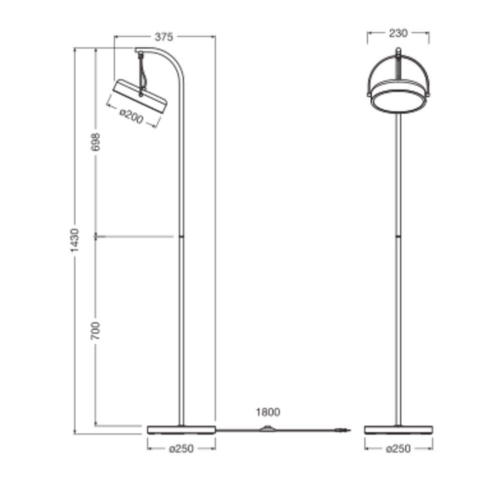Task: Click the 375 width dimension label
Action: (164, 37)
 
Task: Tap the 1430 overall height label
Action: (74, 240)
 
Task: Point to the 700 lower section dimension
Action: (95, 331)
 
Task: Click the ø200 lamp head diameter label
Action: (131, 117)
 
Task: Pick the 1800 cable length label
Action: (268, 412)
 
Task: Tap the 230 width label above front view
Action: (398, 33)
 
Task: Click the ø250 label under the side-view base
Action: (181, 449)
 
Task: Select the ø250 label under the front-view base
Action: (398, 449)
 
